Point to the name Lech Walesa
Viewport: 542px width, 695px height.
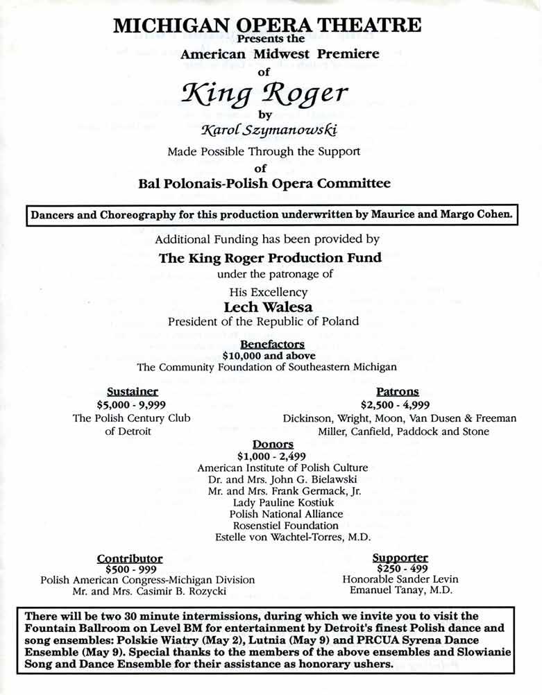tap(270, 306)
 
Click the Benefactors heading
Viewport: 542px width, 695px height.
tap(272, 344)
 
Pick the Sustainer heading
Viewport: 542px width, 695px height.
tap(132, 391)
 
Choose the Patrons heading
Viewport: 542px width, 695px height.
tap(397, 391)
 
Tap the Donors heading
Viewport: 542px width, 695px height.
tap(273, 445)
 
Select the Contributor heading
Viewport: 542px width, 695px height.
tap(130, 558)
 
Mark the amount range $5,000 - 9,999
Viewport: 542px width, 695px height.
tap(132, 404)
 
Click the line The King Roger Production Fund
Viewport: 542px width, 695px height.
tap(270, 259)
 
